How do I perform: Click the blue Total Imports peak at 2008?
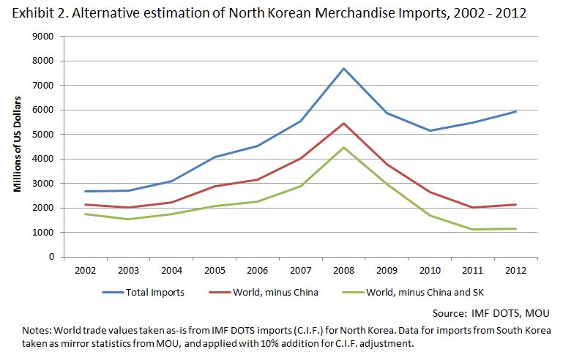click(343, 69)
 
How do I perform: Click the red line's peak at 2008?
click(343, 123)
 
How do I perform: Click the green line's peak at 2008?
click(343, 148)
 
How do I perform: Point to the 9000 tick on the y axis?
click(45, 37)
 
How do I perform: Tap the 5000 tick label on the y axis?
click(45, 135)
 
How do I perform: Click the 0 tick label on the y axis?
click(51, 257)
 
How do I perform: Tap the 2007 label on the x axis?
click(300, 269)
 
